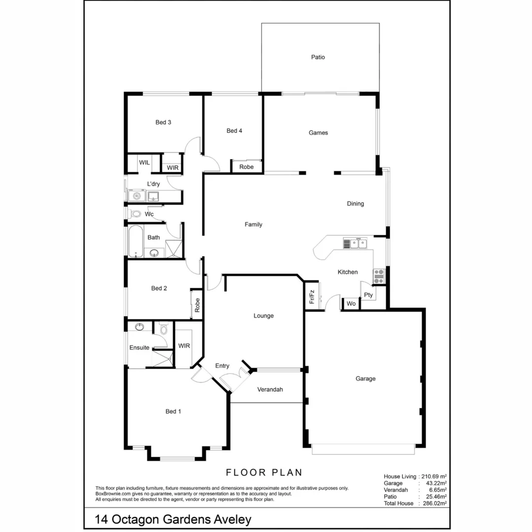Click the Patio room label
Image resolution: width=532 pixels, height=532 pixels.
click(318, 57)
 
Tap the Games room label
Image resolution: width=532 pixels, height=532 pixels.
click(318, 133)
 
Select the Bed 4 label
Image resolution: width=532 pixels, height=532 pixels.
click(234, 131)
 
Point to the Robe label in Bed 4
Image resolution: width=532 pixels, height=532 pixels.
click(246, 167)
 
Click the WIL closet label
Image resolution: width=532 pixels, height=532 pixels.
click(144, 163)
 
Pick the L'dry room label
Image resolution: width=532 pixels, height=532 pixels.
click(153, 184)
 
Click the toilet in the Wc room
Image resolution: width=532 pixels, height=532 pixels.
click(135, 214)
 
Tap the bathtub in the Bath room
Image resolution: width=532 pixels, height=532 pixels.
click(135, 241)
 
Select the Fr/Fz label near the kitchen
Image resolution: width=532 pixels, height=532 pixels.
click(312, 297)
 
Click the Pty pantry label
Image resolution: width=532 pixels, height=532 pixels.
click(368, 296)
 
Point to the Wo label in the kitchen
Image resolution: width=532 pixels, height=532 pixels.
click(351, 304)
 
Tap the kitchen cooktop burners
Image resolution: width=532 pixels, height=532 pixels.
click(379, 276)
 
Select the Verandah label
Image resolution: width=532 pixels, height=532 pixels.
click(270, 390)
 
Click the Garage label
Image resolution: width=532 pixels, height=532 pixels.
click(366, 379)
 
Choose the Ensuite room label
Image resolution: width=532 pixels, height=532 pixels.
click(139, 348)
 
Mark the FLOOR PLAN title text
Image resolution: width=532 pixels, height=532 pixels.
click(264, 473)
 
